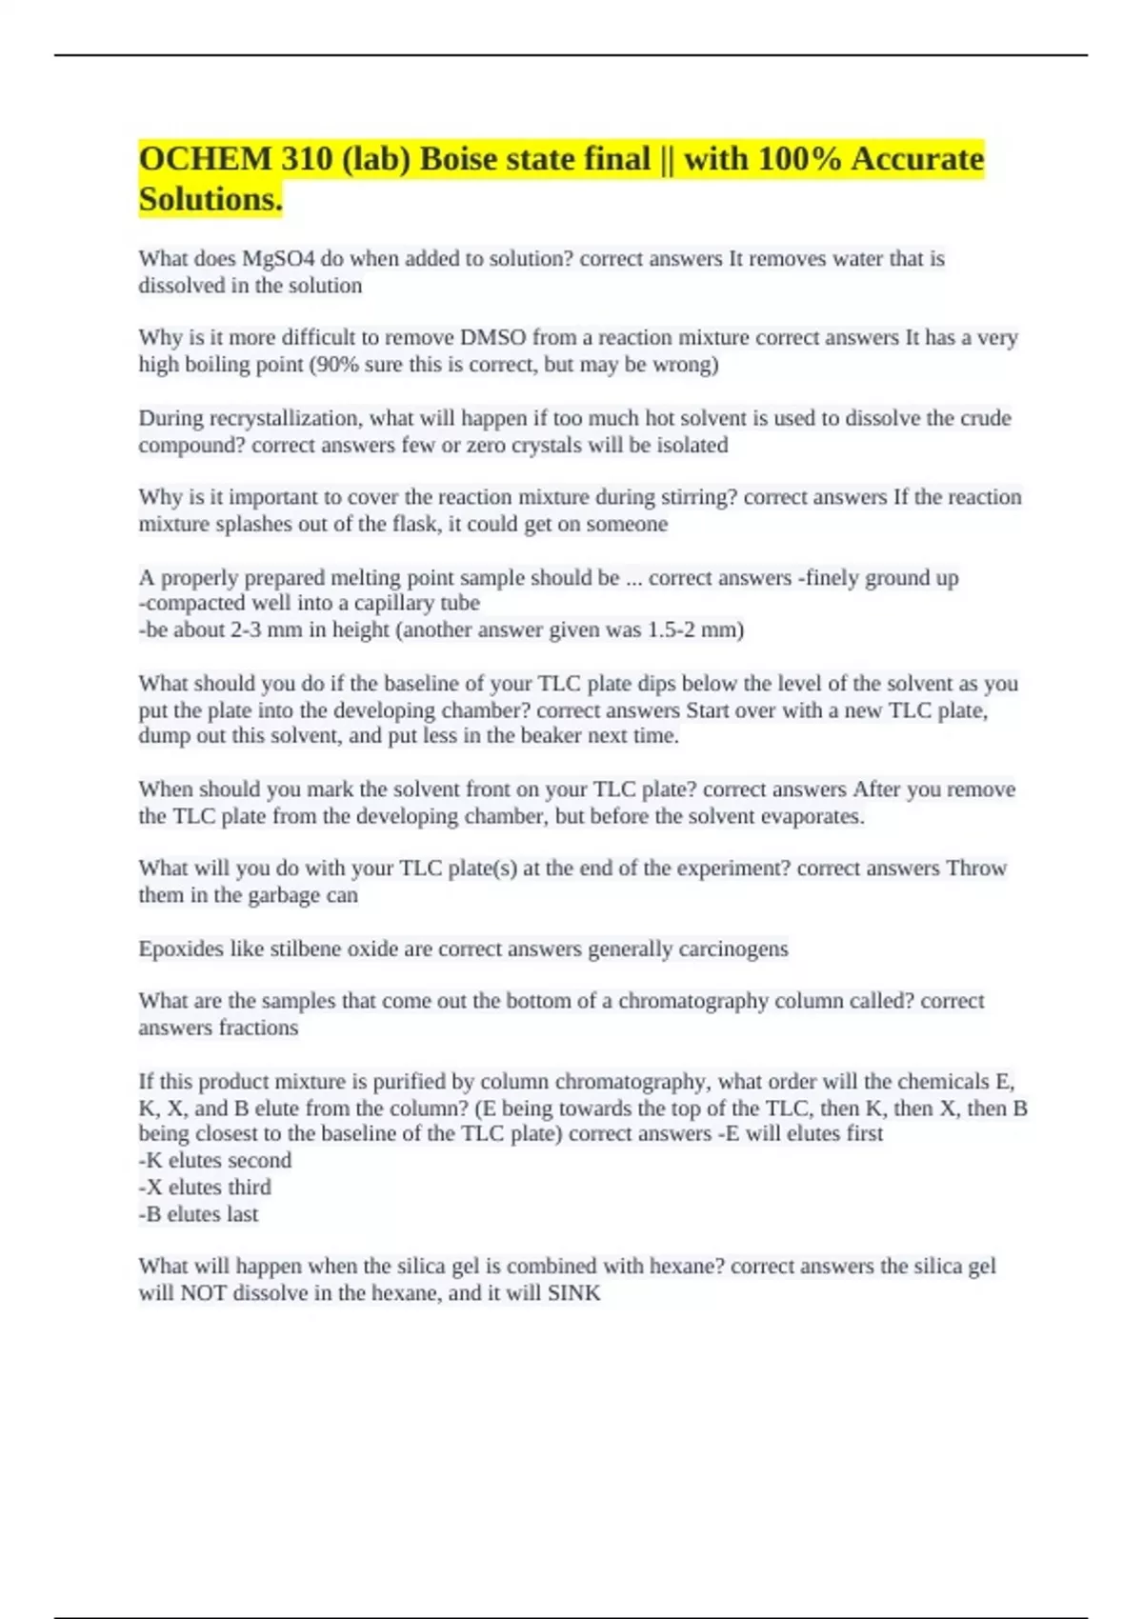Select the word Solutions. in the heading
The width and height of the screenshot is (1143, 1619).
click(x=211, y=199)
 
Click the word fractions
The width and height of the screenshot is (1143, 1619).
click(x=258, y=1028)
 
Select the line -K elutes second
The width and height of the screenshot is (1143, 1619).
click(x=215, y=1161)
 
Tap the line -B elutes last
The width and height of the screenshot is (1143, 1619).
click(x=198, y=1214)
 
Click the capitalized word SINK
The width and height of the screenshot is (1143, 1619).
click(x=573, y=1293)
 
